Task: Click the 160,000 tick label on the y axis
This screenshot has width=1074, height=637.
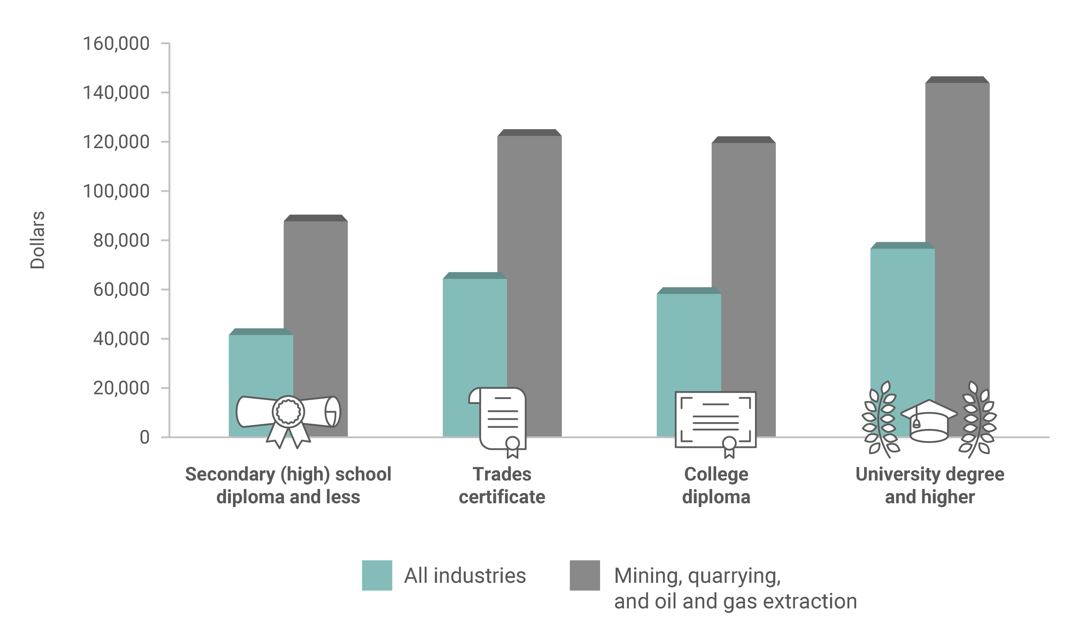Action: [116, 44]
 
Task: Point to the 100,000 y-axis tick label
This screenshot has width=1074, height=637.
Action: [116, 191]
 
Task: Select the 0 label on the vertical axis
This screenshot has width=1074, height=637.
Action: [145, 438]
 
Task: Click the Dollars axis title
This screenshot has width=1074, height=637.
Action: [38, 240]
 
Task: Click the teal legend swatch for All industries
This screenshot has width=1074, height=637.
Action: [377, 575]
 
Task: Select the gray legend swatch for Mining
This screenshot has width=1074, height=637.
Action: [585, 575]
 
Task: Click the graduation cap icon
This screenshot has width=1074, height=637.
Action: [929, 421]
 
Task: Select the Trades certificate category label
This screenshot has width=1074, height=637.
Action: [502, 485]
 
